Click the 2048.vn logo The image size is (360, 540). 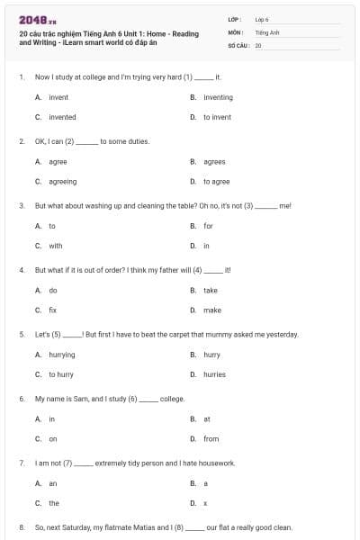pos(32,19)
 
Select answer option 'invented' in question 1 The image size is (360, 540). pos(62,117)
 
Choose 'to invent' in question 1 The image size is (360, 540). pos(218,117)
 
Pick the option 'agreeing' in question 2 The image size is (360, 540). pos(63,181)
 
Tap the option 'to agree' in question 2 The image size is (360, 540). pos(216,181)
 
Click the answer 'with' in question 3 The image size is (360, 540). pos(56,246)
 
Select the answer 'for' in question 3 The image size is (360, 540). pos(208,226)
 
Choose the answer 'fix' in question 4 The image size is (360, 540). pos(53,310)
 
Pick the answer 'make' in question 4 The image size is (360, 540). pos(211,310)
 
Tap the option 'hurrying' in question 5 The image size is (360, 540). pos(61,355)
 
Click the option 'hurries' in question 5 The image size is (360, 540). pos(214,374)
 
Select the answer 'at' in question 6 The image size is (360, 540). pos(207,418)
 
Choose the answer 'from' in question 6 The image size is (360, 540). pos(211,438)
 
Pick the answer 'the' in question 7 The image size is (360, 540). pos(54,503)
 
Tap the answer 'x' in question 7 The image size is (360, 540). pos(205,503)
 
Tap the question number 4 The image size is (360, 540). pos(21,269)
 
